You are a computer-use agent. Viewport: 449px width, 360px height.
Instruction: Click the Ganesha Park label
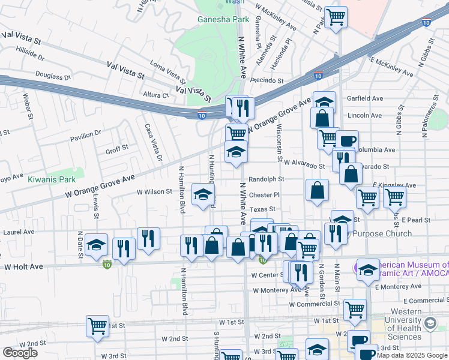tap(223, 19)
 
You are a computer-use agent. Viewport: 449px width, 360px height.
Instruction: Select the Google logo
tap(20, 353)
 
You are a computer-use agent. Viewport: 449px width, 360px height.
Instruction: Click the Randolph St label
tap(266, 179)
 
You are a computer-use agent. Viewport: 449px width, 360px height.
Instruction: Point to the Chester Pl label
tap(264, 194)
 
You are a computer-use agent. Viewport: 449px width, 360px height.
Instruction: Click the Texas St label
tap(262, 209)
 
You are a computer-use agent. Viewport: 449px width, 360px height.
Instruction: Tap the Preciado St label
tap(267, 80)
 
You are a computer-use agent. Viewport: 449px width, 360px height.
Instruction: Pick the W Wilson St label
tap(154, 192)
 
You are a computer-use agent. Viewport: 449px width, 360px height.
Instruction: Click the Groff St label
tap(117, 148)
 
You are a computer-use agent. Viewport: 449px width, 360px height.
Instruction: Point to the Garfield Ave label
tap(365, 98)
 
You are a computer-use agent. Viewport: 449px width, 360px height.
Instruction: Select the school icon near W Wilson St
tap(203, 195)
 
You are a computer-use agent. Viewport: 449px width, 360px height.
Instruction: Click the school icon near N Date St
tap(96, 245)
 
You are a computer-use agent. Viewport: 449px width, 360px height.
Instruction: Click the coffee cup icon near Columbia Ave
tap(347, 142)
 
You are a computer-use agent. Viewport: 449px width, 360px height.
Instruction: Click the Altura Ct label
tap(157, 95)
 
